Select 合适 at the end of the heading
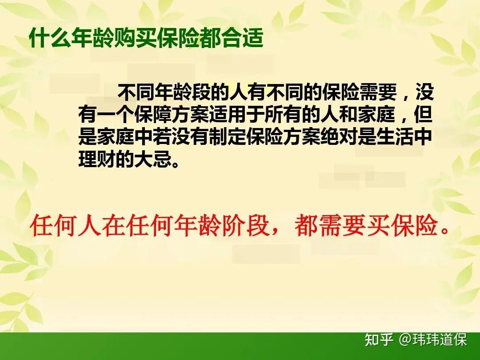tap(248, 39)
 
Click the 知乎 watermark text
tap(379, 340)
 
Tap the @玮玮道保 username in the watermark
tap(433, 340)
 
